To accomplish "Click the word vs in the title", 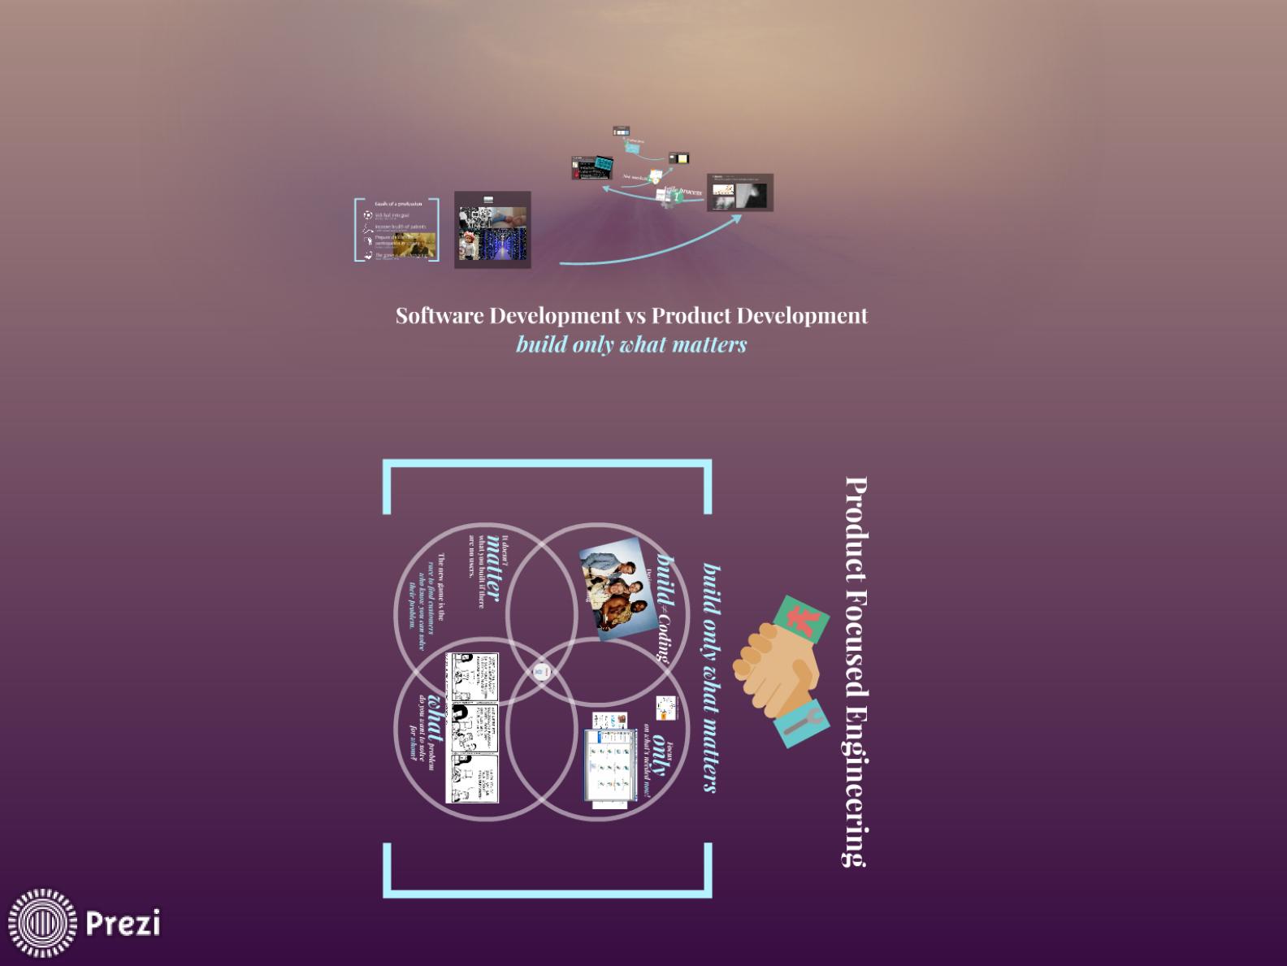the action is tap(635, 315).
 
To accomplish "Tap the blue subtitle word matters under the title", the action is tap(709, 344).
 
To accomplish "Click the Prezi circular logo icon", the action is tap(42, 923).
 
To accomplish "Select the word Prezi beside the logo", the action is tap(123, 923).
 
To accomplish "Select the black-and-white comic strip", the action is tap(471, 728).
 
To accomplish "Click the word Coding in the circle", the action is tap(664, 637).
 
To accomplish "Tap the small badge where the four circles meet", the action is tap(542, 672).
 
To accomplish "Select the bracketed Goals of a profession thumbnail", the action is tap(397, 230).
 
